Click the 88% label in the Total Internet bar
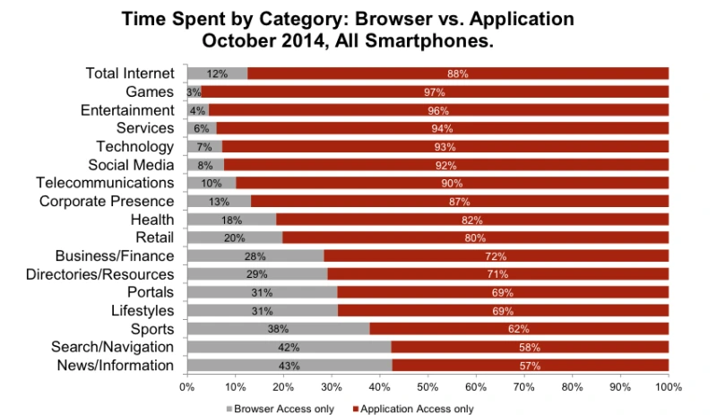tap(458, 73)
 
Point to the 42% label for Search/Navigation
tap(289, 347)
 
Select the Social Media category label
tap(131, 165)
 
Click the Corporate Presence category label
tap(107, 201)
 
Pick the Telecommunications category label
tap(106, 183)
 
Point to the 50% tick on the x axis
tap(428, 387)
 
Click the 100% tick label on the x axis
tap(668, 387)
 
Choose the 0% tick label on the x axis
tap(186, 387)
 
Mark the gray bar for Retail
tap(235, 238)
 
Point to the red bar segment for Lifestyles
tap(503, 310)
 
